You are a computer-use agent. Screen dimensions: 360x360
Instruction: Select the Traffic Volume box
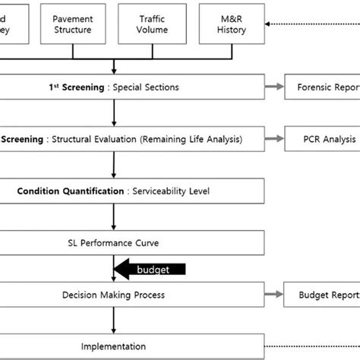tap(157, 24)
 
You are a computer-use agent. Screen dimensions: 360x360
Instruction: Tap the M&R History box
tap(229, 24)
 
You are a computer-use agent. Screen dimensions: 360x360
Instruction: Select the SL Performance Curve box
tap(114, 242)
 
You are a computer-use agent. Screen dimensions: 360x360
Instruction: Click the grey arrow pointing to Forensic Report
tap(274, 87)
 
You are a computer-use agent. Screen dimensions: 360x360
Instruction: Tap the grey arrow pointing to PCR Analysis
tap(274, 139)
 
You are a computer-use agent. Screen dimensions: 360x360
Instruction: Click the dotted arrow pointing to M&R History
tap(304, 24)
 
